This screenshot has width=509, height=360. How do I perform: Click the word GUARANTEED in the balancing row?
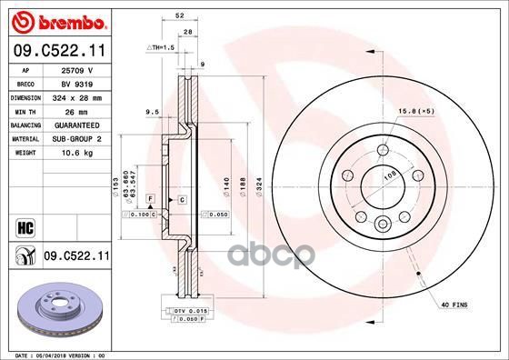(78, 125)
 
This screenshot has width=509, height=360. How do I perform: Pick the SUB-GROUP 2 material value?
(78, 139)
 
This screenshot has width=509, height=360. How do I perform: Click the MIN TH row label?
(25, 110)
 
